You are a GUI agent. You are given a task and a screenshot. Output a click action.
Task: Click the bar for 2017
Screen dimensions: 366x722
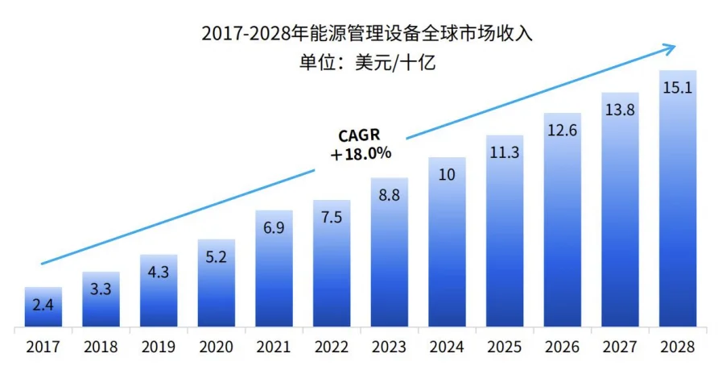pyautogui.click(x=43, y=308)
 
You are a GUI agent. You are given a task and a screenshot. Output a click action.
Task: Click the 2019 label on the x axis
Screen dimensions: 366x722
pyautogui.click(x=159, y=347)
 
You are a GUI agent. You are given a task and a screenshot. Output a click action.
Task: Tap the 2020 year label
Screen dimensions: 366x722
pyautogui.click(x=217, y=347)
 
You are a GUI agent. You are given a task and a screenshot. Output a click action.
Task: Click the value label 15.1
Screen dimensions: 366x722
pyautogui.click(x=678, y=87)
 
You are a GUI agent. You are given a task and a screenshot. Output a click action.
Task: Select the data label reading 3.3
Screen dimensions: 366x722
pyautogui.click(x=101, y=289)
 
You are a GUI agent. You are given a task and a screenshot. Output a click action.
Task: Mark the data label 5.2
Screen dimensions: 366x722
pyautogui.click(x=217, y=257)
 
